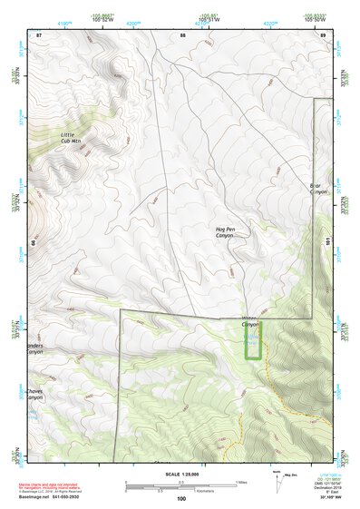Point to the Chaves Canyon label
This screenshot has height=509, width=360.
point(34,395)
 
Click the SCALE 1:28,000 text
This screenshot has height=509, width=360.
point(181,475)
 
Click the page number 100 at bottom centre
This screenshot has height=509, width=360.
point(181,499)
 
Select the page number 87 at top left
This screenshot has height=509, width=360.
point(39,34)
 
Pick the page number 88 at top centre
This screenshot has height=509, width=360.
point(182,34)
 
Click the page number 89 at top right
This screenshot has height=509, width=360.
point(324,34)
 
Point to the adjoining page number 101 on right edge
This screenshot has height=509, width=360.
point(328,241)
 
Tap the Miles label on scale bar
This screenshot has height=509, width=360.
point(238,482)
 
